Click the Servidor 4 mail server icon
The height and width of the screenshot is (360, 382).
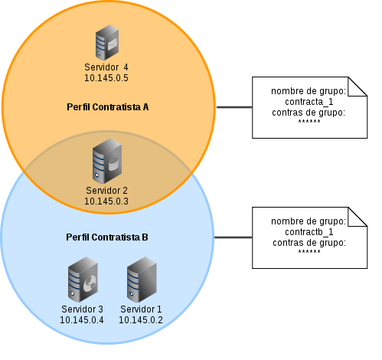point(107,42)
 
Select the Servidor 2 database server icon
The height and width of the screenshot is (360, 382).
point(107,161)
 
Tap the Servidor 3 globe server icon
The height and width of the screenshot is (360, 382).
point(83,280)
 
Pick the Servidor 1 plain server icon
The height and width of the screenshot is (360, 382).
point(142,280)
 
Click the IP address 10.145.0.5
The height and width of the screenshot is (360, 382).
point(106,78)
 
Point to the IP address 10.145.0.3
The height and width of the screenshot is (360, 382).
point(106,201)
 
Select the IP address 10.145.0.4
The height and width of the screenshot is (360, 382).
point(82,319)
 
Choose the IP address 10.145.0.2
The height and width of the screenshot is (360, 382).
point(141,319)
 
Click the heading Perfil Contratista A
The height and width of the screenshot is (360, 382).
point(107,107)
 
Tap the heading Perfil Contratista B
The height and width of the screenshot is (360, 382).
point(107,237)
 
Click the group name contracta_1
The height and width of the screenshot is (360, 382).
point(309,102)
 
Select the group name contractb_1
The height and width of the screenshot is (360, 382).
point(309,232)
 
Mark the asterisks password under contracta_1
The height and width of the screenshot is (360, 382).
point(309,121)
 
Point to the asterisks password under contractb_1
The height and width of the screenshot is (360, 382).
point(309,251)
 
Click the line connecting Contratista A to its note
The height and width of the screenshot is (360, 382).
point(234,107)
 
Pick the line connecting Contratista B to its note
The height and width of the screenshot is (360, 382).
point(233,237)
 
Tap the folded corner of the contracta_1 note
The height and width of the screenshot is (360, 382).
point(358,87)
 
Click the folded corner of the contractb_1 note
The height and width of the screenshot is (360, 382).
point(358,217)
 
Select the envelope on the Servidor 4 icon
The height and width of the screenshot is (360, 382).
point(113,44)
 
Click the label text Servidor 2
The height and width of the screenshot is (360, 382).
point(106,191)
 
